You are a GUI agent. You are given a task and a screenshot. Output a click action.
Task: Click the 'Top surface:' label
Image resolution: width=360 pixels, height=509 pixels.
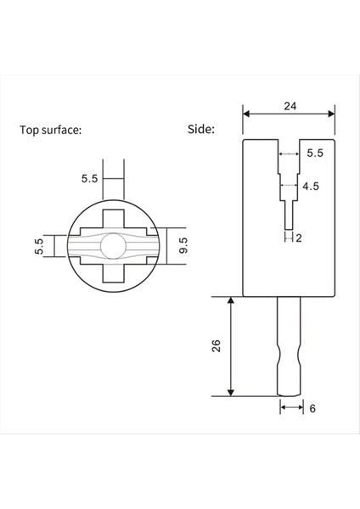(x=51, y=131)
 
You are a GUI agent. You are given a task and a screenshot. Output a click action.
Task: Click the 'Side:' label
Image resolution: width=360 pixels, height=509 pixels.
(x=201, y=131)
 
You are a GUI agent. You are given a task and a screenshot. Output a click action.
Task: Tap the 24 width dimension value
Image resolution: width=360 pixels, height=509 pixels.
(x=289, y=105)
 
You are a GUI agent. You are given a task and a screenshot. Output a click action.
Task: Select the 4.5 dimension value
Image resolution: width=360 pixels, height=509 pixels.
(x=311, y=186)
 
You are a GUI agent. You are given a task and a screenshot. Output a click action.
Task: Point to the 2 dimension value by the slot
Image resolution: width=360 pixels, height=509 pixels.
(x=299, y=238)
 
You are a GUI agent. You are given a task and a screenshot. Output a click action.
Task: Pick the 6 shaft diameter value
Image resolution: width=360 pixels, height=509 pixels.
(x=312, y=408)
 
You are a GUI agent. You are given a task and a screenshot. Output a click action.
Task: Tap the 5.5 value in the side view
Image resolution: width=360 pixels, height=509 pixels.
(x=315, y=154)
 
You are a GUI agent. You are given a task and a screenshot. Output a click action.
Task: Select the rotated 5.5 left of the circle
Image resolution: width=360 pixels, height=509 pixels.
(x=39, y=247)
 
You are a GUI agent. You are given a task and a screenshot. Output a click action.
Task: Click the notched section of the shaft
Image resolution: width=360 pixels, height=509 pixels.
(x=289, y=349)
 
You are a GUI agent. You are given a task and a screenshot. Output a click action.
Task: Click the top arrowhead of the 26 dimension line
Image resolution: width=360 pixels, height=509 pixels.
(x=231, y=301)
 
